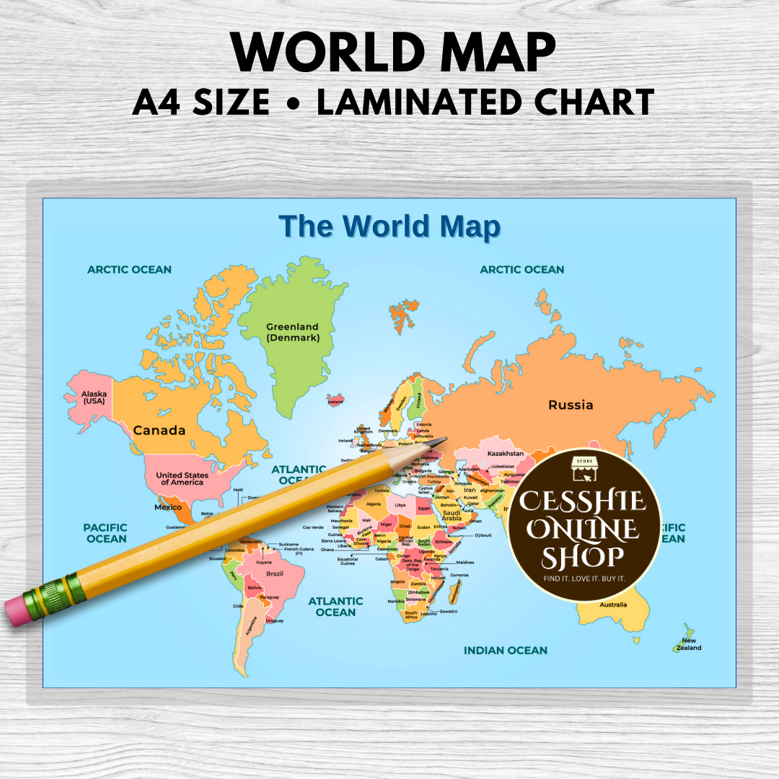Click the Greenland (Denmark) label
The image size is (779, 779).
point(292,332)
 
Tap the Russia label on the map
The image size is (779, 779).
point(571,405)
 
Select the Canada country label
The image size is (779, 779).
point(159,430)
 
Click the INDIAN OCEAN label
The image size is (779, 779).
point(505,650)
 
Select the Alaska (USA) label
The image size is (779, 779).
point(94,397)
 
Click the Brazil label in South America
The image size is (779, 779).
point(274,573)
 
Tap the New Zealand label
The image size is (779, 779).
point(689,644)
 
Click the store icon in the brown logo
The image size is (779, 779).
point(584,469)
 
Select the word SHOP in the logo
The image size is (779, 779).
point(584,556)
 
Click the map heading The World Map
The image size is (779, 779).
point(389,226)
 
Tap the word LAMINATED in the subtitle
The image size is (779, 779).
point(410,102)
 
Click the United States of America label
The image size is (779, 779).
point(182,478)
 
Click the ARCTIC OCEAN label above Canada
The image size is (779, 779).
point(130,269)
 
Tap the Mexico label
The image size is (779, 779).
point(168,507)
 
